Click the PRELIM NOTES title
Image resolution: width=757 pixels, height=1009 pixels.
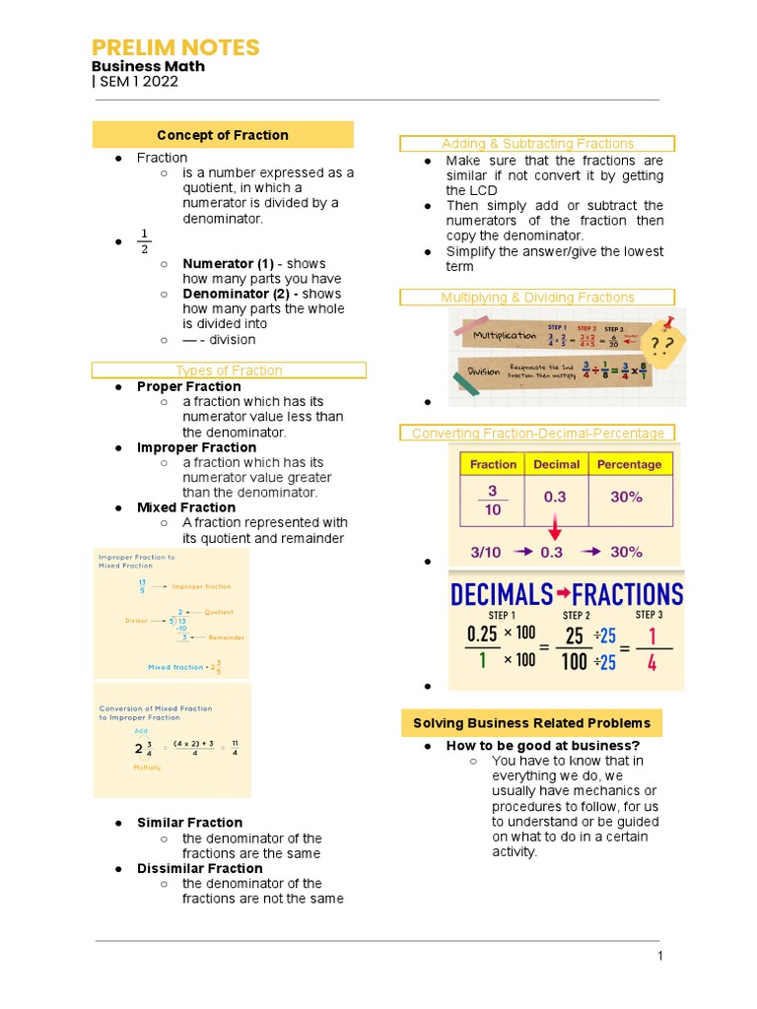[175, 47]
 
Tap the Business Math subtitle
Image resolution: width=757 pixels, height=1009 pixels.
[149, 66]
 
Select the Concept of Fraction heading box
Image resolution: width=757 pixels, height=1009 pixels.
[223, 135]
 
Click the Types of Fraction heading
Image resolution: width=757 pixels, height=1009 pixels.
[229, 370]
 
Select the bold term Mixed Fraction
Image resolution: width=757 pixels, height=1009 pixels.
[186, 507]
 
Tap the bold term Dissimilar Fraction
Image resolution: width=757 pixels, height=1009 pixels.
[199, 868]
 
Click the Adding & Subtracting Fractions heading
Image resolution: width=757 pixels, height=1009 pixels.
[537, 144]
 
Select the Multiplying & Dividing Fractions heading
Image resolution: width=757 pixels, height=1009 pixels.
[537, 297]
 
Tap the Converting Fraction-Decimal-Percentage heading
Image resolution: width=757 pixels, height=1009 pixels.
[537, 433]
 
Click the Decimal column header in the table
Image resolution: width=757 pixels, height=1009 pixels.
[557, 464]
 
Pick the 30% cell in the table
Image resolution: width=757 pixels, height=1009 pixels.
[626, 498]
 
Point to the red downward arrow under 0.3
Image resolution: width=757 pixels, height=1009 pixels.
[555, 529]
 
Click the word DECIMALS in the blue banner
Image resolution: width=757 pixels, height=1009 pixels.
[501, 594]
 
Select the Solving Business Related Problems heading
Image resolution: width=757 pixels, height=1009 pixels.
[531, 723]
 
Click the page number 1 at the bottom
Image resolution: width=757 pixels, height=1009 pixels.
[660, 956]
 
